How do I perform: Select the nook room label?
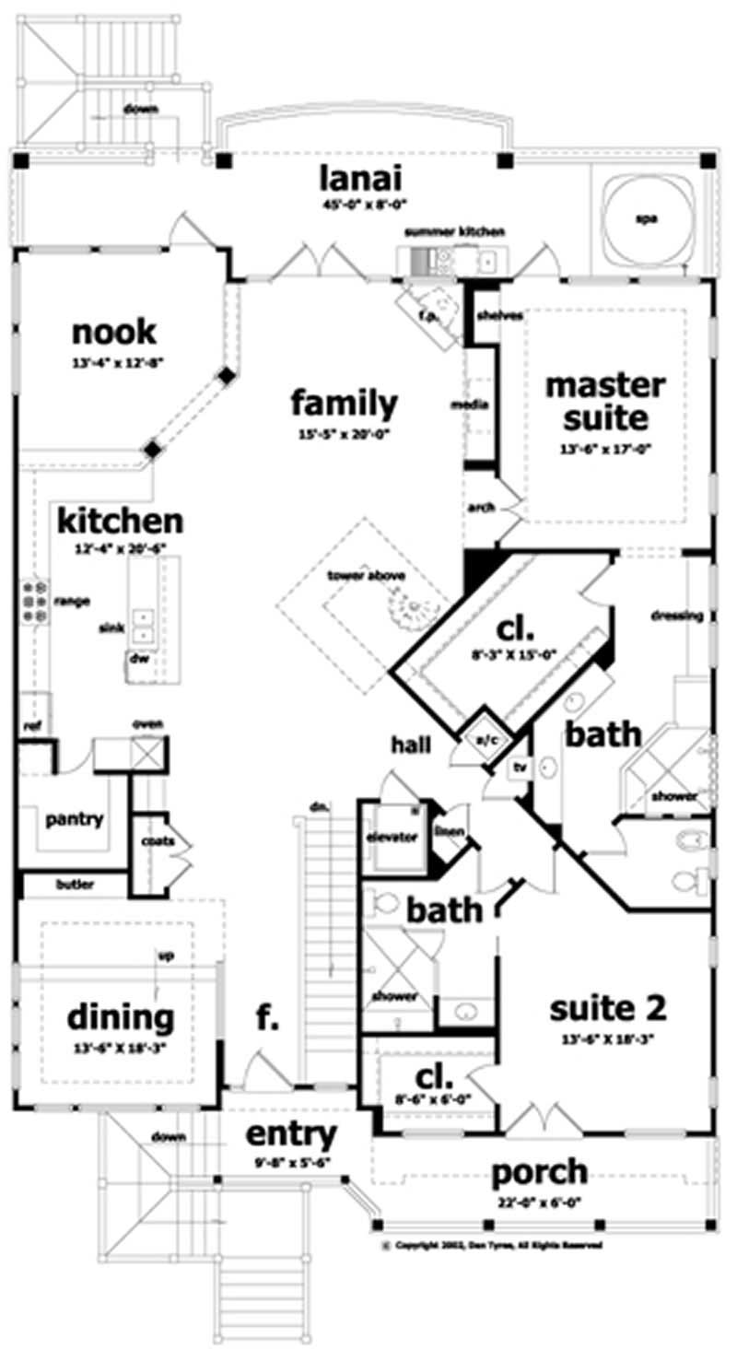pos(115,331)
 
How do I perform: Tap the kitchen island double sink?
pos(143,626)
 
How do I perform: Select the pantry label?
pos(74,818)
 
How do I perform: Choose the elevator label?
pos(392,838)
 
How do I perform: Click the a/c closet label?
pos(485,738)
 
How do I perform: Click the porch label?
pos(539,1172)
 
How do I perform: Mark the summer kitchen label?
pos(454,231)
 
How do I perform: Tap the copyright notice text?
pos(497,1244)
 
